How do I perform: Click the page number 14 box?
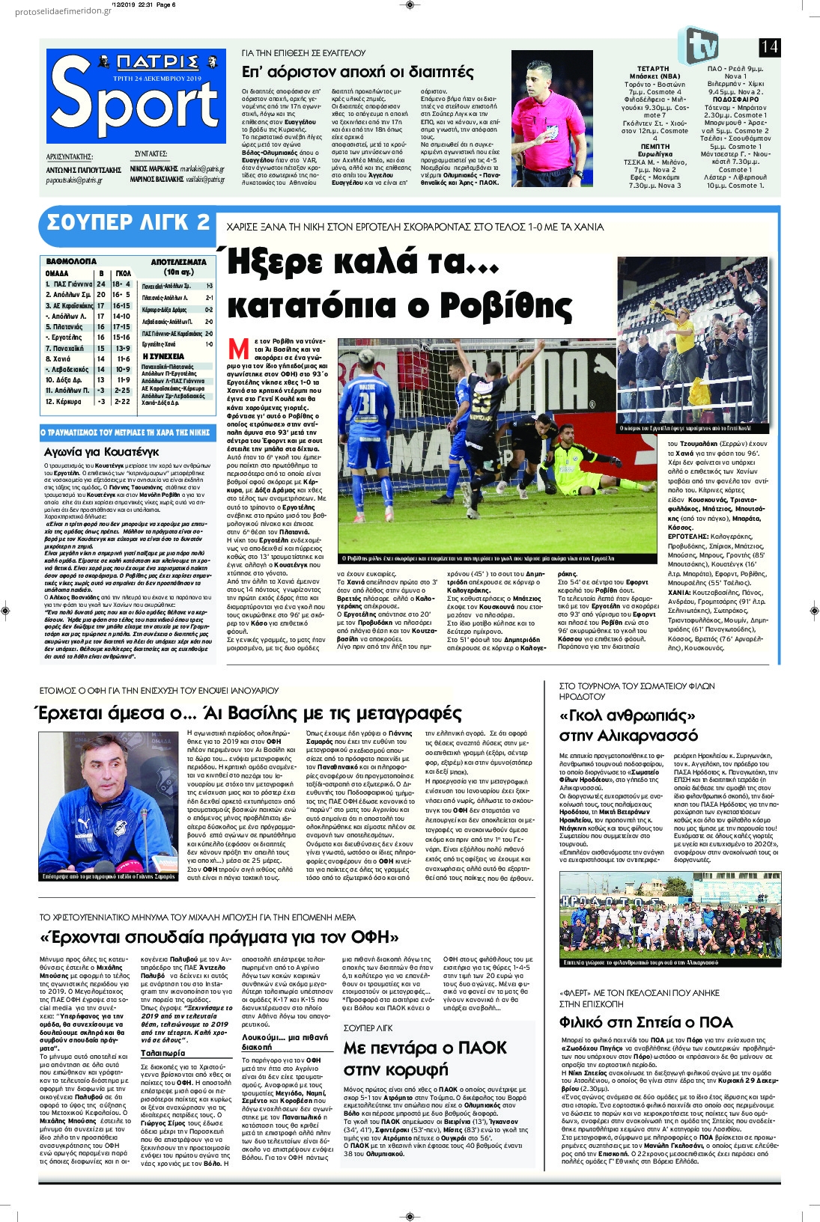click(769, 47)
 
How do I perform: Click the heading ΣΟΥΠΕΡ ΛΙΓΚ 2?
click(128, 222)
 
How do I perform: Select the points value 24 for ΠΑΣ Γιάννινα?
click(101, 284)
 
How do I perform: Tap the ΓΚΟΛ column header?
click(123, 273)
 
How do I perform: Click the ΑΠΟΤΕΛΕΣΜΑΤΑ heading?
click(178, 262)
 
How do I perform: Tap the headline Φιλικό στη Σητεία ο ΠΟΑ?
click(646, 1022)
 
